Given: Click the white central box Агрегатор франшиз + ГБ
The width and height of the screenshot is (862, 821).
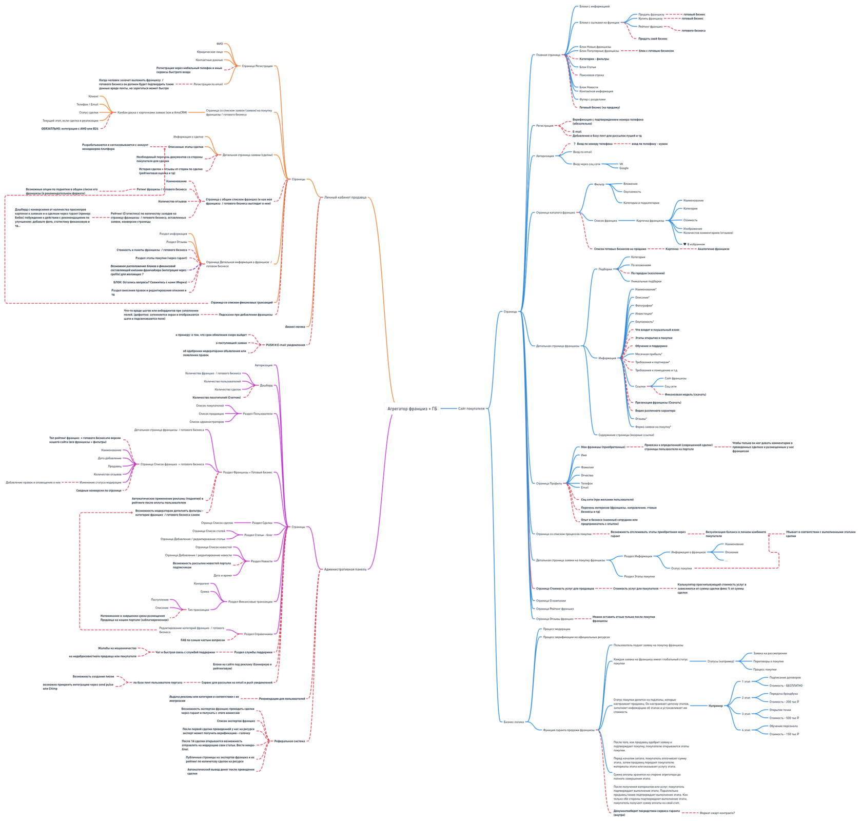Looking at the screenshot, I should pos(412,408).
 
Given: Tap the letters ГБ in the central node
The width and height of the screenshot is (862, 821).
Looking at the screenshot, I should pos(435,409).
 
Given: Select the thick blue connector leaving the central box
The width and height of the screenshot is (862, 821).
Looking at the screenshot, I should pos(449,408).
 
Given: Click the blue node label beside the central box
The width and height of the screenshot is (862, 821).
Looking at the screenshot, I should pos(471,409).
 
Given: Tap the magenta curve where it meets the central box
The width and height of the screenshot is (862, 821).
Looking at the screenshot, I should pos(392,416).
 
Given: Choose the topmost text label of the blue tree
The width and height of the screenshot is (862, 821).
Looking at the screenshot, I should pos(594,7).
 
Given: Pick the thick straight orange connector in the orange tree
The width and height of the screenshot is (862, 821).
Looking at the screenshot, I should pos(196,112).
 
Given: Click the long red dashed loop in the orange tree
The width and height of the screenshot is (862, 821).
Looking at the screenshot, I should pos(5,246).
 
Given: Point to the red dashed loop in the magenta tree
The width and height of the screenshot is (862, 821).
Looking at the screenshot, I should pos(80,570).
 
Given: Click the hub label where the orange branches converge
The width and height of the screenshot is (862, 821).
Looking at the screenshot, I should pos(297,179).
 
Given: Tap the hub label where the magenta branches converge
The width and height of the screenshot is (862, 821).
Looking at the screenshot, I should pos(298,527).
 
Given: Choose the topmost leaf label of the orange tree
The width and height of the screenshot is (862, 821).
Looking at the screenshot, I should pos(219,44).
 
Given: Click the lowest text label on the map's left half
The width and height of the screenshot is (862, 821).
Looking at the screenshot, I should pos(221,770).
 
